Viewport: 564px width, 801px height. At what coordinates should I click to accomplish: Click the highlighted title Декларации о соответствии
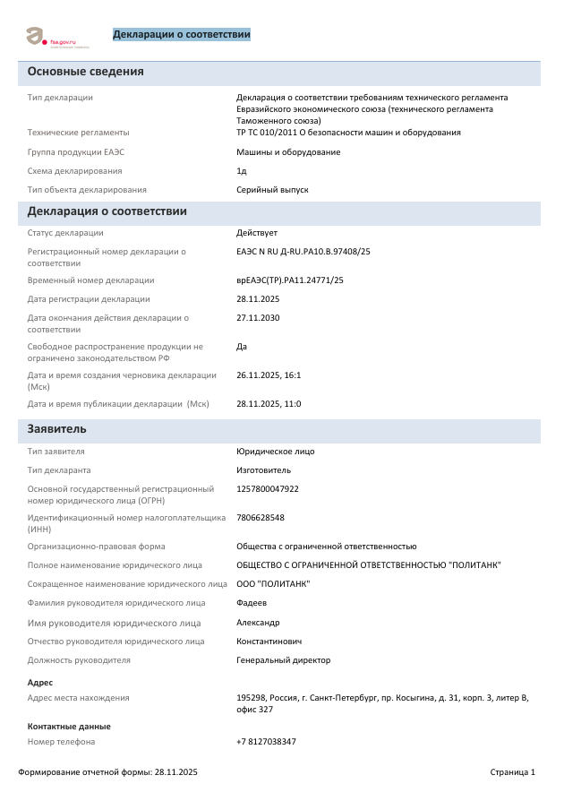pyautogui.click(x=181, y=35)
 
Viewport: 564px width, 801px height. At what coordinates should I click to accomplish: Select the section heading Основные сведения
pyautogui.click(x=86, y=72)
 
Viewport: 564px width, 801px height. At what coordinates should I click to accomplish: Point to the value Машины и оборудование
pyautogui.click(x=288, y=152)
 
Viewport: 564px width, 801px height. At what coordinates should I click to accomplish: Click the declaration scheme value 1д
pyautogui.click(x=242, y=171)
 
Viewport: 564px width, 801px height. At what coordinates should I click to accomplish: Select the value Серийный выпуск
pyautogui.click(x=272, y=190)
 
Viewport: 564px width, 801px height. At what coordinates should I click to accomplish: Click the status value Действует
pyautogui.click(x=257, y=233)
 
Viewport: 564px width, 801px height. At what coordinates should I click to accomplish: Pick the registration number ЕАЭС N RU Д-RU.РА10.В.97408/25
pyautogui.click(x=303, y=252)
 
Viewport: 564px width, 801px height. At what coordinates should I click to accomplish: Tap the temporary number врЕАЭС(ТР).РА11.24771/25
pyautogui.click(x=290, y=280)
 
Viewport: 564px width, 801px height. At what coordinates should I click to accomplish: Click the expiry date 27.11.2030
pyautogui.click(x=258, y=318)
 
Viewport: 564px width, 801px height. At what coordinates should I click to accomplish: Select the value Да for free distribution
pyautogui.click(x=242, y=347)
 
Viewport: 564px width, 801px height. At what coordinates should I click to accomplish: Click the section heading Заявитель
pyautogui.click(x=57, y=429)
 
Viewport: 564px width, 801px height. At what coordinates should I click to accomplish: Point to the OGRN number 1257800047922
pyautogui.click(x=268, y=489)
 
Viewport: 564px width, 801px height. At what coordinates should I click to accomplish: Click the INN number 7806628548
pyautogui.click(x=261, y=518)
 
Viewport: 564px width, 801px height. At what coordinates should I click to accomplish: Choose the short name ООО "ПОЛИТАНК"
pyautogui.click(x=273, y=584)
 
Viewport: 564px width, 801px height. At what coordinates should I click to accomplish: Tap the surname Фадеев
pyautogui.click(x=252, y=603)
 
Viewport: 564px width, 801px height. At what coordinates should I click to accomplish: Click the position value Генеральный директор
pyautogui.click(x=283, y=660)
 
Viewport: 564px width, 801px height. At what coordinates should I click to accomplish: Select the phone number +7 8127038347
pyautogui.click(x=266, y=742)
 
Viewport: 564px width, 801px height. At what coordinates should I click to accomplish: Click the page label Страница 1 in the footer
pyautogui.click(x=512, y=772)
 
